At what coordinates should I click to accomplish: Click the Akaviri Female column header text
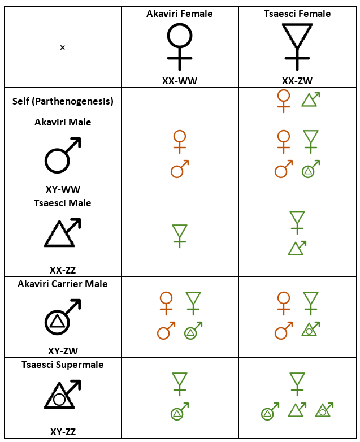179,14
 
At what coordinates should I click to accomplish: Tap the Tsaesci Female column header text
297,14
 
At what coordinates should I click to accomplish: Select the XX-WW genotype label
179,81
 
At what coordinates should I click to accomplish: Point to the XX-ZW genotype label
297,81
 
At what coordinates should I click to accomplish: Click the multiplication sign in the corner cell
63,47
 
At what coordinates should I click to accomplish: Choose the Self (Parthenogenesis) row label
63,101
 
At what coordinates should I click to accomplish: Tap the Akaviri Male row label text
63,122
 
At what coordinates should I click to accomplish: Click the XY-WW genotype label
63,189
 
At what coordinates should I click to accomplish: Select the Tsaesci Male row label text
63,203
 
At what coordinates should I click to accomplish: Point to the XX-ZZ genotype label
63,270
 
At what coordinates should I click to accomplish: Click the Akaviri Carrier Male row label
63,284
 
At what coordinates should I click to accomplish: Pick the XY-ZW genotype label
63,351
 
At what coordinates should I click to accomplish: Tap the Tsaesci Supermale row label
63,365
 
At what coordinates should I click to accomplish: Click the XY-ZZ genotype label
63,432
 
